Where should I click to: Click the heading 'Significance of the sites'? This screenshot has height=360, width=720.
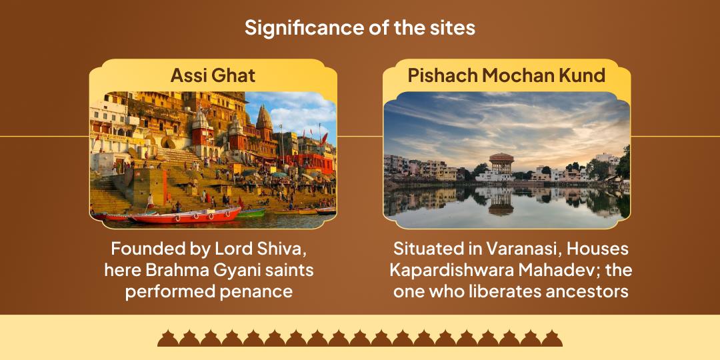359,28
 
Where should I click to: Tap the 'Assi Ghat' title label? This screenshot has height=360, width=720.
213,75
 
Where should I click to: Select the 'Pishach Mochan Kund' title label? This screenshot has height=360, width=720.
506,75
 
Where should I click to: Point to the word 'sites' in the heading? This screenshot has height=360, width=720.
453,28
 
